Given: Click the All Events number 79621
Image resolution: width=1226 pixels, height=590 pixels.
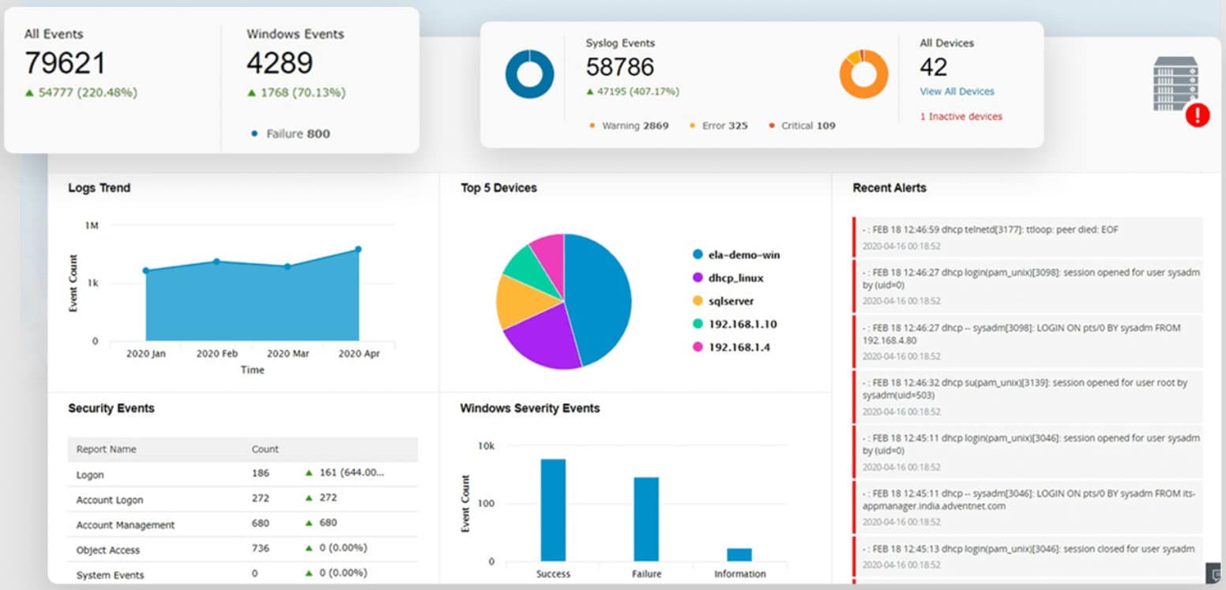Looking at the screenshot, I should click(x=65, y=64).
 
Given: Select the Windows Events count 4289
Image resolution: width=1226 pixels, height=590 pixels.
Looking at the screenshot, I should click(x=280, y=64).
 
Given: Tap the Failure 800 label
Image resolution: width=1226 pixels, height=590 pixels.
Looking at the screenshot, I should click(x=297, y=133).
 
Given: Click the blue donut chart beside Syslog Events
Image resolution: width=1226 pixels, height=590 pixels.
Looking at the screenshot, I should click(x=529, y=74).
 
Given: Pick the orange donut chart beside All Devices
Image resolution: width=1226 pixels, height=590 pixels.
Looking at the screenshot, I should click(x=863, y=74).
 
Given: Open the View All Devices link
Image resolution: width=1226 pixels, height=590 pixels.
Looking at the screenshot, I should click(x=957, y=92).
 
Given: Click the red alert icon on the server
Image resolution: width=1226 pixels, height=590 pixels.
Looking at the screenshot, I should click(x=1198, y=115).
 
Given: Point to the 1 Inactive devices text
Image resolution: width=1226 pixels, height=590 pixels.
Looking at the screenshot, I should click(x=961, y=116).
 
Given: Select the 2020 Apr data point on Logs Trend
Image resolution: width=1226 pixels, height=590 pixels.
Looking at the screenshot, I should click(x=358, y=250).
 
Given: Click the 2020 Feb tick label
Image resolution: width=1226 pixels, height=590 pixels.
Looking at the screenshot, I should click(x=217, y=354).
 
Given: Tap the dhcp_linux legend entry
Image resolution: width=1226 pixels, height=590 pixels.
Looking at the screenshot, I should click(x=735, y=278).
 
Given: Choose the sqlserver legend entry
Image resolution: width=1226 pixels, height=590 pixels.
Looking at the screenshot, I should click(x=731, y=301).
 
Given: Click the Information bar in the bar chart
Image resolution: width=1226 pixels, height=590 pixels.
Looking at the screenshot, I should click(x=739, y=554).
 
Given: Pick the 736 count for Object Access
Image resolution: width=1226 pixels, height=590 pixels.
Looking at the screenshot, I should click(x=260, y=548).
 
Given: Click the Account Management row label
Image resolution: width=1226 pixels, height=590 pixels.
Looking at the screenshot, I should click(x=126, y=525).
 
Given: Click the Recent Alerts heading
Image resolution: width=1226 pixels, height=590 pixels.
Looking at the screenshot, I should click(x=889, y=188).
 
